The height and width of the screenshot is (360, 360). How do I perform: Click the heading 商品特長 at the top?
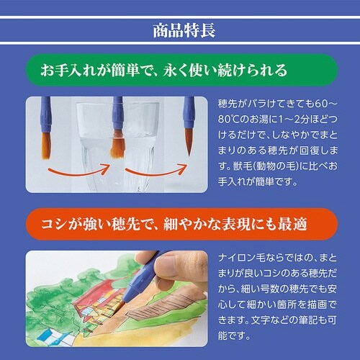[181, 31]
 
